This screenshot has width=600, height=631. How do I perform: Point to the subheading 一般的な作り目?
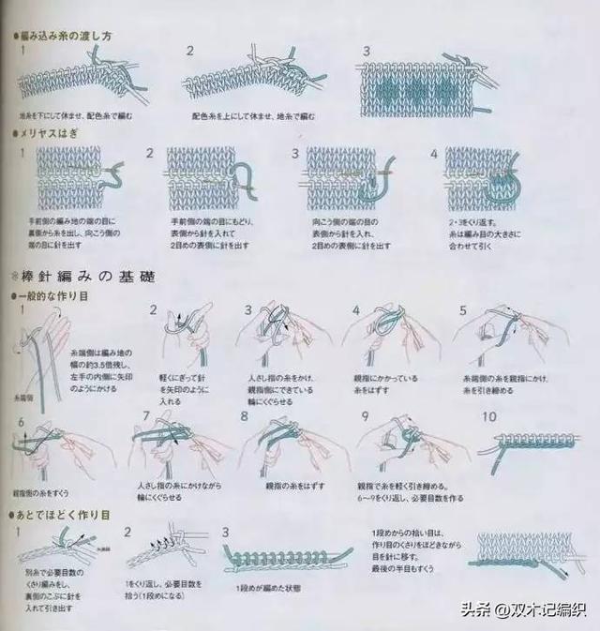point(54,295)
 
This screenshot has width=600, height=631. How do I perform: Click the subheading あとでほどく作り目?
point(61,515)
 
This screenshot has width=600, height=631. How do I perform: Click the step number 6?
point(21,423)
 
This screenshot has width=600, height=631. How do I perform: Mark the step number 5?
point(462,310)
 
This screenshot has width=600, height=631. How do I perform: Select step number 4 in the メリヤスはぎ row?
point(433,153)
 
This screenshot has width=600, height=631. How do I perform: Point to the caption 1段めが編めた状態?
point(268,587)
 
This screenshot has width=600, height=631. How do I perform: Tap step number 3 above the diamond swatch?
point(366,51)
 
